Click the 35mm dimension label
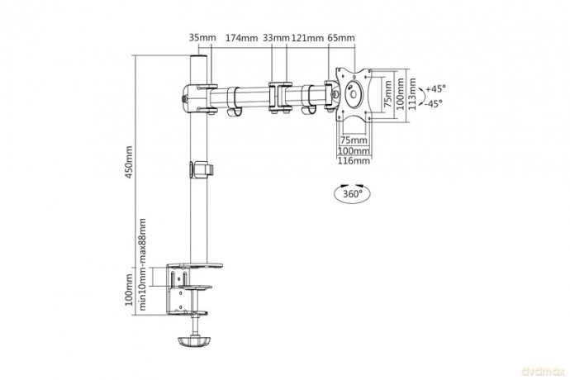point(202,37)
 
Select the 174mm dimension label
point(242,38)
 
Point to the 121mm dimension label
point(307,38)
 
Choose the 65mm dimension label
point(341,38)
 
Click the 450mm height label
point(129,162)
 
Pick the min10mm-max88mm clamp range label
point(142,264)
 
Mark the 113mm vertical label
point(411,94)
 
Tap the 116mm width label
point(354,160)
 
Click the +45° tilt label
point(435,88)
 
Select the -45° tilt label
point(434,103)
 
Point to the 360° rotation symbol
point(352,193)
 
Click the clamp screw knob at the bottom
point(194,341)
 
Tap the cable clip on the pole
point(201,170)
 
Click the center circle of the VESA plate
point(354,93)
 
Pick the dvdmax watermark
point(544,371)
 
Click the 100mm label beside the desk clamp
point(129,290)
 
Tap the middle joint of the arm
point(280,97)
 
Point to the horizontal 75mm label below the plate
point(354,140)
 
